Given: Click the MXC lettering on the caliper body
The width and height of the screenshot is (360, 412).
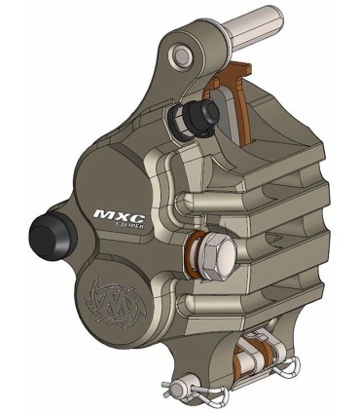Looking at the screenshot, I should point(112,208).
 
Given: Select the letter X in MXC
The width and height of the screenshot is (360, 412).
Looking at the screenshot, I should point(113,208).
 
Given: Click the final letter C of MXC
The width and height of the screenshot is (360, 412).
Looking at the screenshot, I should point(126,208).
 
